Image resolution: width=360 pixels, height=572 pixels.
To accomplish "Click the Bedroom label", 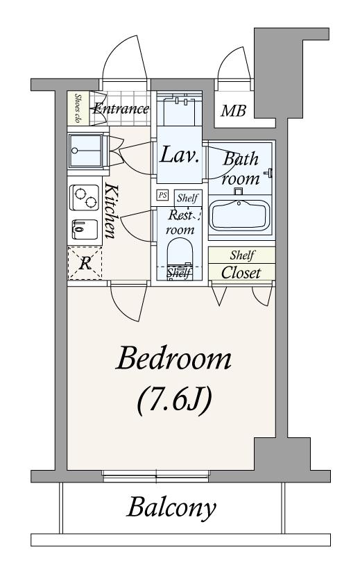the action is click(x=173, y=358).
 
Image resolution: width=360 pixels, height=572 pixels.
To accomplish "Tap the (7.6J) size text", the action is click(x=175, y=400).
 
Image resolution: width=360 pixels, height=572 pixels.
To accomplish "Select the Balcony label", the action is click(x=171, y=507).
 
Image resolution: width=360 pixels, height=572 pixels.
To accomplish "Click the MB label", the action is click(x=234, y=110).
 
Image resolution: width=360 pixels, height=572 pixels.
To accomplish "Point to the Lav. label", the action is click(x=180, y=155).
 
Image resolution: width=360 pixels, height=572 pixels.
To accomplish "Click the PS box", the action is click(x=162, y=195).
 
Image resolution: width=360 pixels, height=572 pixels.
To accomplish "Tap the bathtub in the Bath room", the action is click(x=241, y=216).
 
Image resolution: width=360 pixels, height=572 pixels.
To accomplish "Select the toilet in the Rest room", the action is click(x=179, y=255).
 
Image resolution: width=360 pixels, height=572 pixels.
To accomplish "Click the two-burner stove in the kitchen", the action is click(x=85, y=197).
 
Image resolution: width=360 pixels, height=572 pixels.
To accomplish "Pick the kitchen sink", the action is click(x=85, y=229).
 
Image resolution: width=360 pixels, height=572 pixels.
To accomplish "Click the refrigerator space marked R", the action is click(x=85, y=263).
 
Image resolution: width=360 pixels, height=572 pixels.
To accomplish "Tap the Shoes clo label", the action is click(x=78, y=108).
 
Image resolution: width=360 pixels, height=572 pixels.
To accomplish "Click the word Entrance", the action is click(x=121, y=108).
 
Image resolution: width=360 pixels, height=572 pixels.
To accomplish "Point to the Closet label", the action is click(x=241, y=273).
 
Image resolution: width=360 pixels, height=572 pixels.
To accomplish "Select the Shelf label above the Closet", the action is click(x=242, y=255).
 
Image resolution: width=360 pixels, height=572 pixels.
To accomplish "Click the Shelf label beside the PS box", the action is click(x=188, y=198).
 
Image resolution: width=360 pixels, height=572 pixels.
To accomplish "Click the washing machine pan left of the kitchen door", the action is click(x=86, y=151).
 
